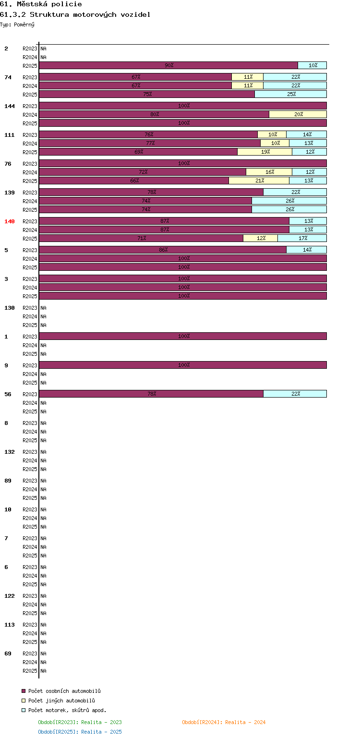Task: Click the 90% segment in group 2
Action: [168, 65]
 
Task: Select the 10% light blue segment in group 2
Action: [312, 65]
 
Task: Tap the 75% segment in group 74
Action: [147, 94]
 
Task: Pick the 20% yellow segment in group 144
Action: [298, 114]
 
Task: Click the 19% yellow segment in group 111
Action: [264, 152]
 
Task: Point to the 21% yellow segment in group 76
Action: [259, 181]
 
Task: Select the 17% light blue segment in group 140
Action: [302, 238]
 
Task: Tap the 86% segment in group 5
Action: [163, 250]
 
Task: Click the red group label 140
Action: [10, 221]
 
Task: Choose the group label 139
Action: [10, 193]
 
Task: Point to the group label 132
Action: [10, 452]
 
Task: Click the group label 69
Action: [8, 653]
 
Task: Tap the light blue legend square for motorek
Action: [24, 710]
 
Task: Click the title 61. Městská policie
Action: [41, 4]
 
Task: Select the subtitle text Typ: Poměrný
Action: [17, 24]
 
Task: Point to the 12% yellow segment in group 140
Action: [260, 238]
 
